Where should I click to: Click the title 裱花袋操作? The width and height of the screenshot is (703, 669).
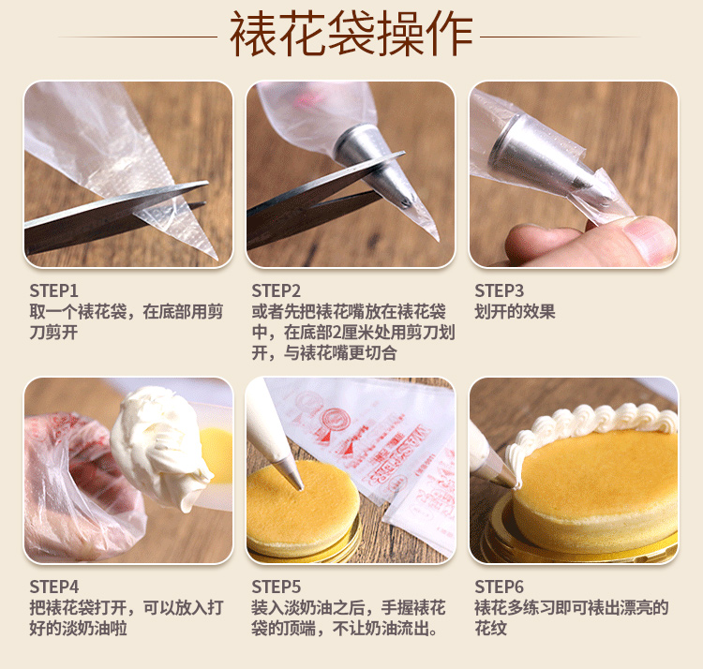351,35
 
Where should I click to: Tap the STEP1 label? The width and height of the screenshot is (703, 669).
53,290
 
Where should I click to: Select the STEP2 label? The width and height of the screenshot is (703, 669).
276,290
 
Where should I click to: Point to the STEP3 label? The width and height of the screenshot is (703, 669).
499,290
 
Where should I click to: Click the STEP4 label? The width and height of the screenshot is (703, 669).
53,587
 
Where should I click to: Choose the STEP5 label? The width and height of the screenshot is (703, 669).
276,587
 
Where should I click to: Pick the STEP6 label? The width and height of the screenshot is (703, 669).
499,587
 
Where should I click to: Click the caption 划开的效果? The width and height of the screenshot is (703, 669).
515,311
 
